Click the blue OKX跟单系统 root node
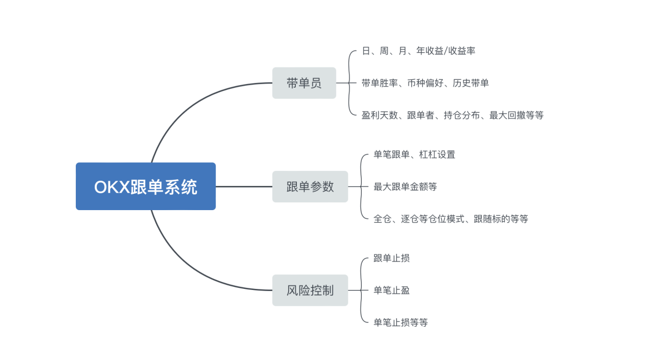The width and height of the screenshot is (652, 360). click(x=145, y=186)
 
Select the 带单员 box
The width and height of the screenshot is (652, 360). click(x=304, y=83)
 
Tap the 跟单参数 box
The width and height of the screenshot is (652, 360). click(x=310, y=186)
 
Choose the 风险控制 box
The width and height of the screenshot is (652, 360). click(x=310, y=290)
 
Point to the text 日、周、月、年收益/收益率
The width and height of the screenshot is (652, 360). click(x=418, y=51)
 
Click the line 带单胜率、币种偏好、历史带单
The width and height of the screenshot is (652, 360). click(x=425, y=83)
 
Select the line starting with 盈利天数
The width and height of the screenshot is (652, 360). click(x=453, y=115)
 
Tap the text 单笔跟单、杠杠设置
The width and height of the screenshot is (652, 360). click(x=414, y=155)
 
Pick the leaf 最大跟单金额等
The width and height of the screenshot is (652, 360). click(x=405, y=187)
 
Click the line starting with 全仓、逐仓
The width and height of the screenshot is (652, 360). click(x=451, y=219)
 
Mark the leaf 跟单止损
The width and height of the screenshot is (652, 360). click(x=392, y=258)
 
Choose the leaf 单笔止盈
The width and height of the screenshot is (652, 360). click(x=392, y=290)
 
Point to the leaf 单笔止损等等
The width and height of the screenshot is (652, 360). click(x=401, y=323)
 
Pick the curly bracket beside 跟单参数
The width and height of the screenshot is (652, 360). click(x=362, y=186)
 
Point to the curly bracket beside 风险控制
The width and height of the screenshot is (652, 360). click(x=362, y=290)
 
